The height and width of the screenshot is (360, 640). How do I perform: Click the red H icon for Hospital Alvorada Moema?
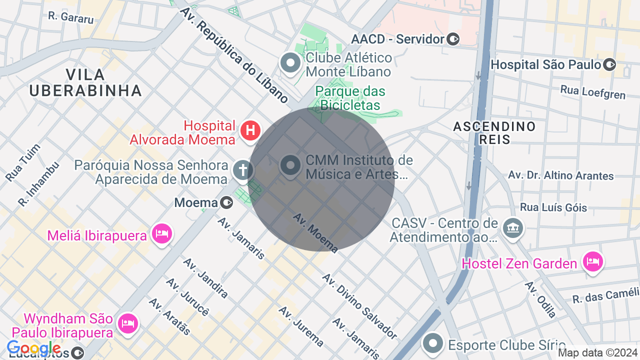[250, 131]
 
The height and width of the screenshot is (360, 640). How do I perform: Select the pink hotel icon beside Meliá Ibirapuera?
[162, 233]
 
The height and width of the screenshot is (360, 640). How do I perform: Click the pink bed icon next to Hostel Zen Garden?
[593, 261]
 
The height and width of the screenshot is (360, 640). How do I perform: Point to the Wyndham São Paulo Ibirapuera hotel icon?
[128, 323]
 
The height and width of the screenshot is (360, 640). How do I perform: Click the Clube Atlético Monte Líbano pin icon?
[290, 63]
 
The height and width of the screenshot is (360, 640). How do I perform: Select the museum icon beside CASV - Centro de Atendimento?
[512, 227]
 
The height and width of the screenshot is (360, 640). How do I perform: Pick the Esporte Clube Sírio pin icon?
[433, 343]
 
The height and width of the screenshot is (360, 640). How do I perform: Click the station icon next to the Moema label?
[226, 202]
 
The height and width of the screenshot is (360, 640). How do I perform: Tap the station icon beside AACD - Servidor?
[453, 39]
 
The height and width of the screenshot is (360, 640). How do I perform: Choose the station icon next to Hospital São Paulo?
[609, 64]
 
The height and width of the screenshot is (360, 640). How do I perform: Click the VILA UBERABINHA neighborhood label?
[85, 82]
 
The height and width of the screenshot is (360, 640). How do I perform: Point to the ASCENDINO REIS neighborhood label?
[494, 132]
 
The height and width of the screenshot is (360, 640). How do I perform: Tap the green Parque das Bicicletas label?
[350, 98]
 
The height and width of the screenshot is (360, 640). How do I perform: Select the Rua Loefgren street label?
[593, 92]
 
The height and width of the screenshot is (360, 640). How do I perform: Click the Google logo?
[33, 348]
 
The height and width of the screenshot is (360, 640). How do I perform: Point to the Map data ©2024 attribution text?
[597, 353]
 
